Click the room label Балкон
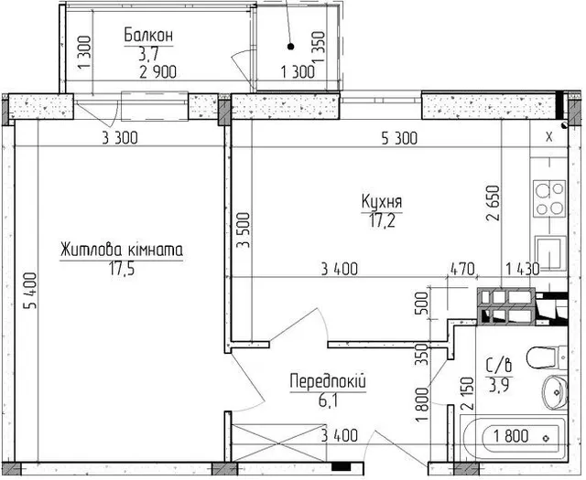[148, 36]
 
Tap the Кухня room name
[382, 201]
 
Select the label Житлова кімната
[122, 250]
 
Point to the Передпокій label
[328, 382]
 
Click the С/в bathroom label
[498, 365]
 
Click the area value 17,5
[122, 268]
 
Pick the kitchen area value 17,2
[382, 220]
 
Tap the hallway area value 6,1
[328, 400]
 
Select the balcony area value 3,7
[148, 55]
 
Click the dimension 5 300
[399, 138]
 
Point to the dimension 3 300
[120, 138]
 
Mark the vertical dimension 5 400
[30, 291]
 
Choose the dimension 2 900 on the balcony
[158, 72]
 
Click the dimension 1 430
[523, 269]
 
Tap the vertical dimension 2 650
[493, 203]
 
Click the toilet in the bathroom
[547, 358]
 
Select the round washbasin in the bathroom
[554, 392]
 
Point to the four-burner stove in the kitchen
[549, 198]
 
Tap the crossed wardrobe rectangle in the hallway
[278, 443]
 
